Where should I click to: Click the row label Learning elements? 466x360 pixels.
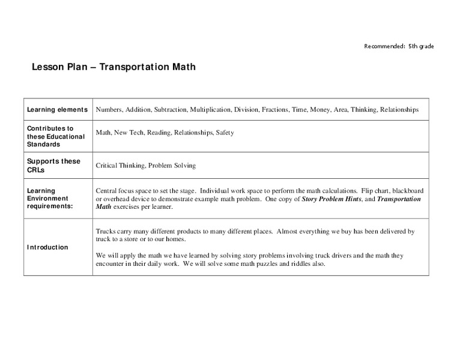coord(57,110)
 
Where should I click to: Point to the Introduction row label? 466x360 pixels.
coord(47,247)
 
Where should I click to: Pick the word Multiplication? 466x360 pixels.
coord(210,110)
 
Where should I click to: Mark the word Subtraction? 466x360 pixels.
coord(170,110)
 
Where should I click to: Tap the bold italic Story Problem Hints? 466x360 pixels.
coord(334,199)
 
